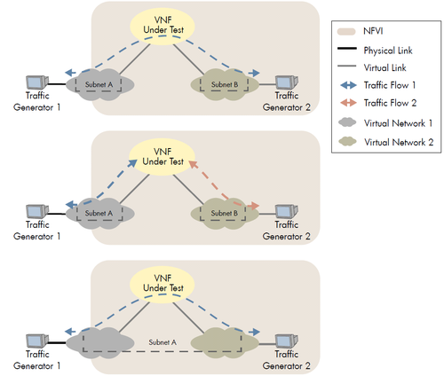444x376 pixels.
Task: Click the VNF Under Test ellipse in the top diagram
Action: (x=163, y=26)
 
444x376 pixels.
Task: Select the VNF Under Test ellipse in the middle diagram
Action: (x=162, y=157)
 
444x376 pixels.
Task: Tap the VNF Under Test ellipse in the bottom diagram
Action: (x=163, y=284)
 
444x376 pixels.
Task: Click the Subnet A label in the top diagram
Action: (x=99, y=84)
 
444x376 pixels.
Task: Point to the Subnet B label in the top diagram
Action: (x=225, y=84)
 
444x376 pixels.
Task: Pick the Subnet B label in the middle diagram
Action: (x=225, y=213)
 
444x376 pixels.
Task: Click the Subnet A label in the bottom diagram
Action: (x=163, y=342)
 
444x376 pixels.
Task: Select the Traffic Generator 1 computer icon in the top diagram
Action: (x=37, y=82)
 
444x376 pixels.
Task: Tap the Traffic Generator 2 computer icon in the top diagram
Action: (x=287, y=82)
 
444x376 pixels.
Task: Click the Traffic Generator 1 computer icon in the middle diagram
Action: (x=37, y=211)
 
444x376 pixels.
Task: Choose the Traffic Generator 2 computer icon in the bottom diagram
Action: (x=287, y=341)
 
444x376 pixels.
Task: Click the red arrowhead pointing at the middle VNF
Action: (x=193, y=164)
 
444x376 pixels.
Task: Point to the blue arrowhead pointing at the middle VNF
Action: (x=132, y=163)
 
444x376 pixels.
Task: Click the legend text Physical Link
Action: (x=388, y=51)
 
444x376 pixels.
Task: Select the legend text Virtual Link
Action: (x=385, y=67)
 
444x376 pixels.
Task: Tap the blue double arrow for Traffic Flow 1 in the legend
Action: (x=348, y=85)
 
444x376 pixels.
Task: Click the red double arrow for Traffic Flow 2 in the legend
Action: (x=348, y=103)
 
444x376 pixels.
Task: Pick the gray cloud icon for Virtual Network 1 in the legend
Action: (x=347, y=122)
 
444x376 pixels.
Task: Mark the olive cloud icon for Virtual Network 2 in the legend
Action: (x=347, y=141)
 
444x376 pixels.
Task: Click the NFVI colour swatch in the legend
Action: (x=346, y=32)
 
